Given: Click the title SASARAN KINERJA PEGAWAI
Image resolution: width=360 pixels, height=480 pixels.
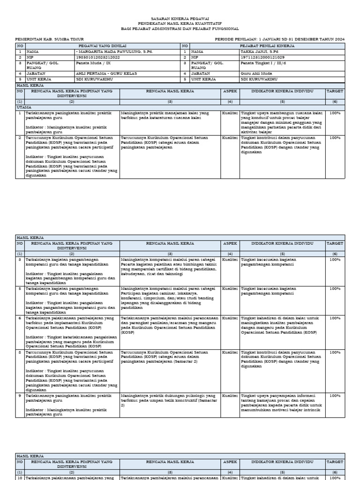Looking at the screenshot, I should coord(180,18).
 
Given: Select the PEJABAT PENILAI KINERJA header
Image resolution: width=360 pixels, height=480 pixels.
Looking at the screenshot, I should coord(267,46).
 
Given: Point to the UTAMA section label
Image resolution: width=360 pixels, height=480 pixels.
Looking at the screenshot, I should coord(23,107).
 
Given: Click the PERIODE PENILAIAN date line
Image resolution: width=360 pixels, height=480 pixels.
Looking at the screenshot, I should coord(280,39).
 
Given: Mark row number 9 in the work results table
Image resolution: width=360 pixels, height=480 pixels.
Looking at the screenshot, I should coord(20,395).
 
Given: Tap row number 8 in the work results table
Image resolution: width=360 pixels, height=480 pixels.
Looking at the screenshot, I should coord(20,352).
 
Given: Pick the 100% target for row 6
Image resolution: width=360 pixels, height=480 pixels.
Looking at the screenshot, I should coord(335,318).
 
